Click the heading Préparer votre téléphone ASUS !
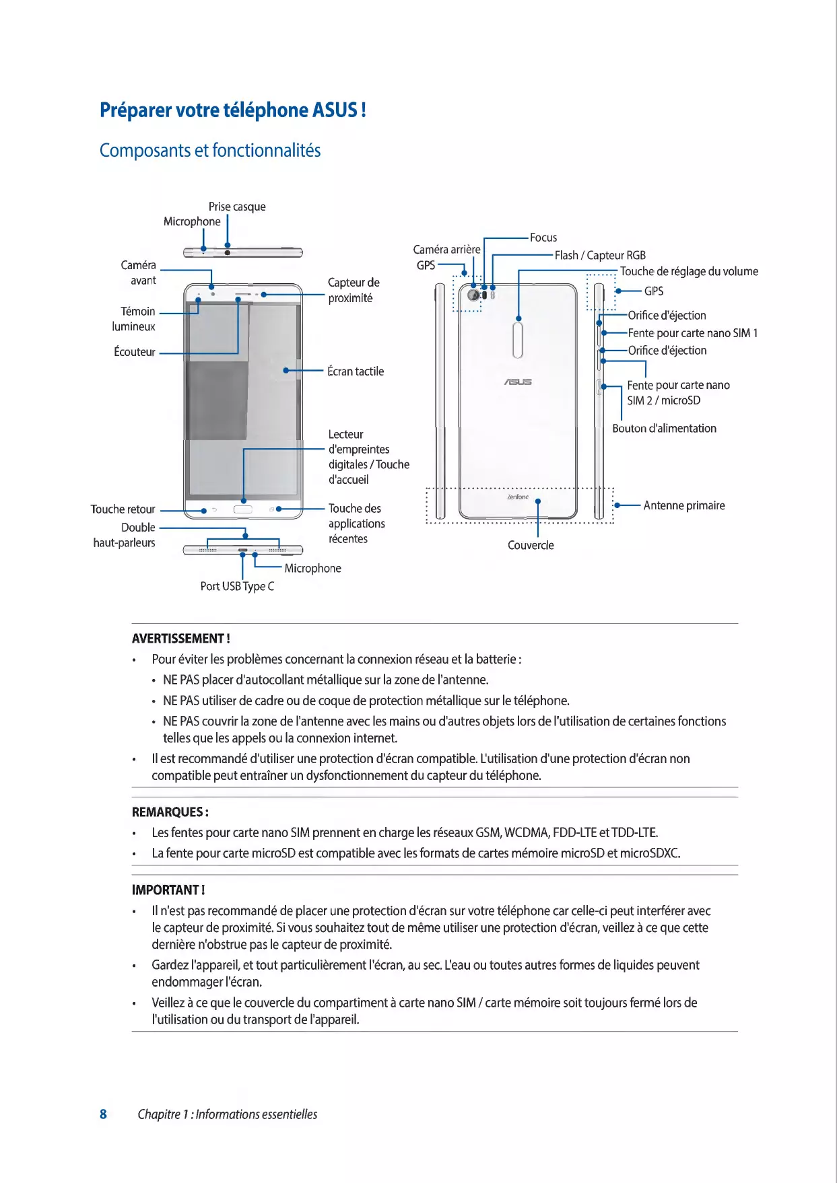click(x=232, y=110)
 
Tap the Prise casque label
click(x=237, y=207)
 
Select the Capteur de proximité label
click(x=353, y=290)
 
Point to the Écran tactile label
click(x=356, y=371)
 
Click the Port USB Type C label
click(x=237, y=586)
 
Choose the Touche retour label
click(x=123, y=509)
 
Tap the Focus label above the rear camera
click(x=543, y=238)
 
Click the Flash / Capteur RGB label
click(x=600, y=255)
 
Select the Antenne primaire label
click(x=684, y=505)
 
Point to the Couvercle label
click(x=531, y=545)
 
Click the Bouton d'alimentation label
click(x=664, y=428)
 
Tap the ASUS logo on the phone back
click(x=518, y=382)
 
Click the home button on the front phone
click(x=243, y=509)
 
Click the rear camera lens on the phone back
click(x=473, y=295)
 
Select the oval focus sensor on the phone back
click(x=518, y=340)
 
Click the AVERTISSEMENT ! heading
click(x=180, y=639)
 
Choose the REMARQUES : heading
click(x=170, y=812)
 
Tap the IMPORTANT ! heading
click(x=168, y=890)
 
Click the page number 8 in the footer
click(x=103, y=1114)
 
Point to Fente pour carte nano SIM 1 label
click(x=692, y=333)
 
